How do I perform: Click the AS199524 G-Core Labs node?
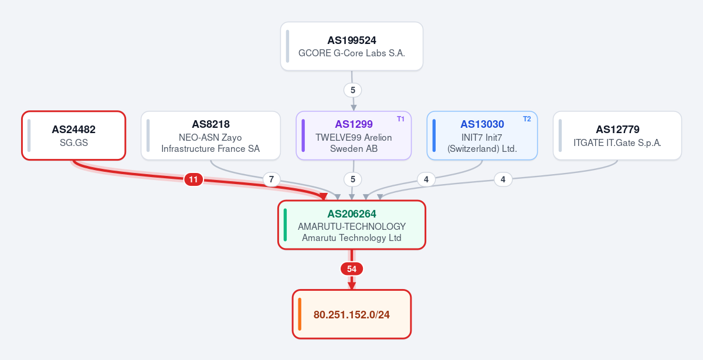click(352, 46)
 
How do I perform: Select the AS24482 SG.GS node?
click(73, 135)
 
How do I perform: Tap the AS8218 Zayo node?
click(210, 135)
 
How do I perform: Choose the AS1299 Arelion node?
click(354, 135)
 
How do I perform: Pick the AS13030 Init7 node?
click(482, 135)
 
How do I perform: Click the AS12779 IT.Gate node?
click(617, 135)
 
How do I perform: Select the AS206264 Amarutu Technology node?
click(352, 225)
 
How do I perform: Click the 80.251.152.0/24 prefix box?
click(352, 314)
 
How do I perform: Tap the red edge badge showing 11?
click(193, 180)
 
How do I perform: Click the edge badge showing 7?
click(271, 180)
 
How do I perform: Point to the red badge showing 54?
click(352, 269)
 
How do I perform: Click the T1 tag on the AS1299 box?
click(400, 119)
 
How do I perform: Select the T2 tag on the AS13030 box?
click(527, 119)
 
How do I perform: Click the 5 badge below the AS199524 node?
click(353, 90)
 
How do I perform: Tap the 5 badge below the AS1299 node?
click(353, 179)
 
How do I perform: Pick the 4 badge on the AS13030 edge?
click(426, 179)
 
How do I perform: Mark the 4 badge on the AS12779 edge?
click(503, 179)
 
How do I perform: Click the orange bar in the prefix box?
click(300, 314)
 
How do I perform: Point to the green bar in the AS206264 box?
click(285, 225)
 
